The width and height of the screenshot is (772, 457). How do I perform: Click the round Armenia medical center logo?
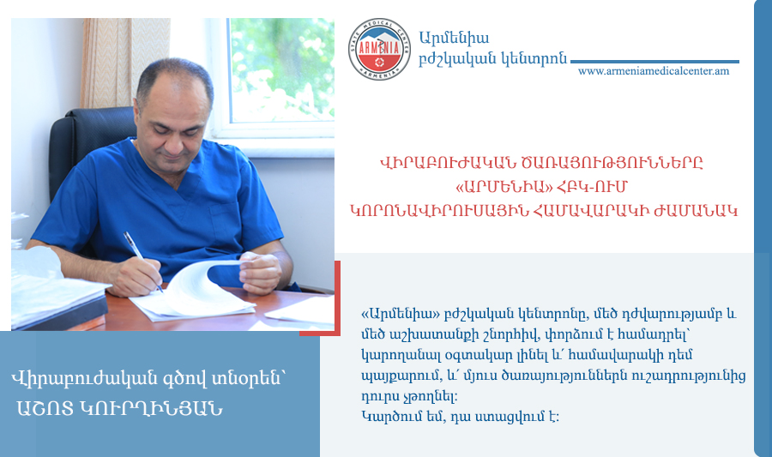coord(379,49)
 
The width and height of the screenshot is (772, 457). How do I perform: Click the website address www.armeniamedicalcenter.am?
coord(654,71)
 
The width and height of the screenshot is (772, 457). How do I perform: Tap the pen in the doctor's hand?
coord(142,261)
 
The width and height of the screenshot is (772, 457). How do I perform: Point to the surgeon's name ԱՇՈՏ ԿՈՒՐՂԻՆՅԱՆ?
coord(119,409)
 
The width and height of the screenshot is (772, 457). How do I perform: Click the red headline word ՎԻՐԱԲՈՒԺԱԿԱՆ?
coord(443,163)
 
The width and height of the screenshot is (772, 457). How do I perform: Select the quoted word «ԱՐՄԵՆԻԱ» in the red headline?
coord(504,187)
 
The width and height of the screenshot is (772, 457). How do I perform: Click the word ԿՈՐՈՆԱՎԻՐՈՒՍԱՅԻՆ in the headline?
coord(440,211)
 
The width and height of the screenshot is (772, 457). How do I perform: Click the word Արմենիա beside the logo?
coord(454,38)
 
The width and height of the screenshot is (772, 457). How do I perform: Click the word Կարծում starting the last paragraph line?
coord(391,418)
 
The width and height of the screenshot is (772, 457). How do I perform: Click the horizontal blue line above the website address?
coord(654,62)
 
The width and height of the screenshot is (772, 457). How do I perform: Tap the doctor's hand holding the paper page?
coord(260,273)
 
